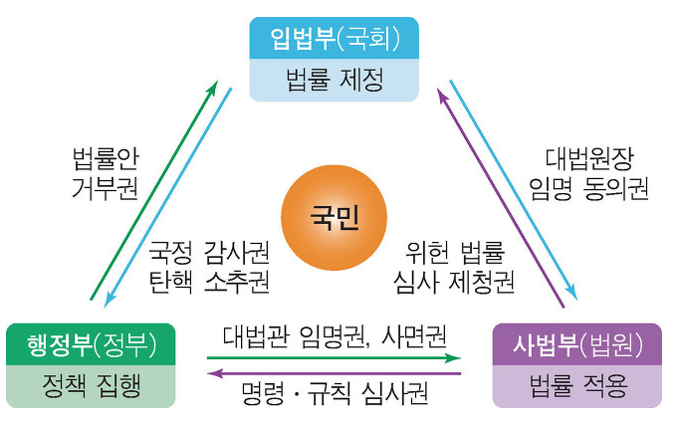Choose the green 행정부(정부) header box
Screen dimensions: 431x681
point(90,343)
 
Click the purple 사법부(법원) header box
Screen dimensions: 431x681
point(576,343)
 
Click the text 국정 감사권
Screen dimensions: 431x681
point(208,251)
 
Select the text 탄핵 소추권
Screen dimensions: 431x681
point(208,282)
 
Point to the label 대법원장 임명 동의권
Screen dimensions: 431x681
point(589,173)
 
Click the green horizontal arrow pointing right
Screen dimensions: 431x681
point(335,355)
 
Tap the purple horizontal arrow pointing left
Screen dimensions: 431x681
point(335,373)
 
